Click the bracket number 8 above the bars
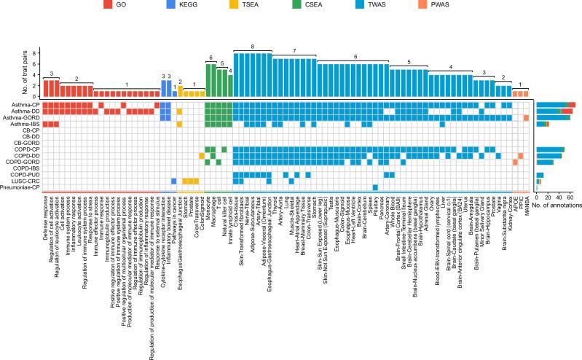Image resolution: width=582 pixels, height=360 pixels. tap(252, 47)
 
